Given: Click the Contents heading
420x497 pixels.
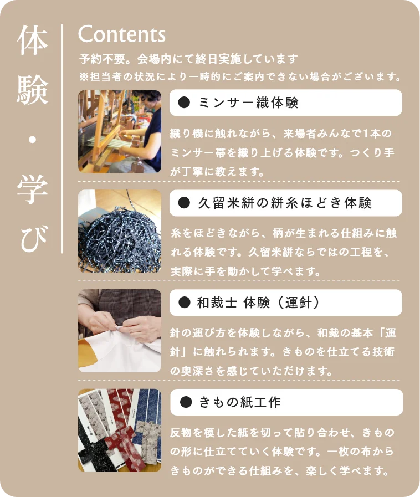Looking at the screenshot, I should coord(122,34).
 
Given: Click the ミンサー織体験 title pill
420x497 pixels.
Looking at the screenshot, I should coord(285,103).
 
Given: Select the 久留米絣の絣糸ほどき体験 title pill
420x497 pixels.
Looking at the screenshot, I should coord(285,203).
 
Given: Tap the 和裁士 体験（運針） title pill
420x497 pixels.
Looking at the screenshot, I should coord(285,303).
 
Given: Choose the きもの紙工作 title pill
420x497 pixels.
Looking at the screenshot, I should coord(285,402).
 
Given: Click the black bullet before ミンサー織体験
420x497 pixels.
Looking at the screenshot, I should coord(185,103).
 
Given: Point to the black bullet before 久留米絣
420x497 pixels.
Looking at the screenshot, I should coord(185,203).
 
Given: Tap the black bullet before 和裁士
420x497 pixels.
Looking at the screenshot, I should coord(185,303).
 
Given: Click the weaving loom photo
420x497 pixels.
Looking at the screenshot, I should coord(120,131).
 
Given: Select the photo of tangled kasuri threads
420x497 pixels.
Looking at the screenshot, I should coord(120,231).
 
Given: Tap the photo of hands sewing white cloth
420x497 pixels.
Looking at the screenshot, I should coord(120,331).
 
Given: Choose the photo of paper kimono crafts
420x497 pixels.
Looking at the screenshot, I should coord(120,431).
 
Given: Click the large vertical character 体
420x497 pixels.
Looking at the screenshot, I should coord(32,43).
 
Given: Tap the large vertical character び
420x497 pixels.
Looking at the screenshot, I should coord(32,238).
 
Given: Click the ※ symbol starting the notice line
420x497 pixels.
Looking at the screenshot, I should coord(84,75).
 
